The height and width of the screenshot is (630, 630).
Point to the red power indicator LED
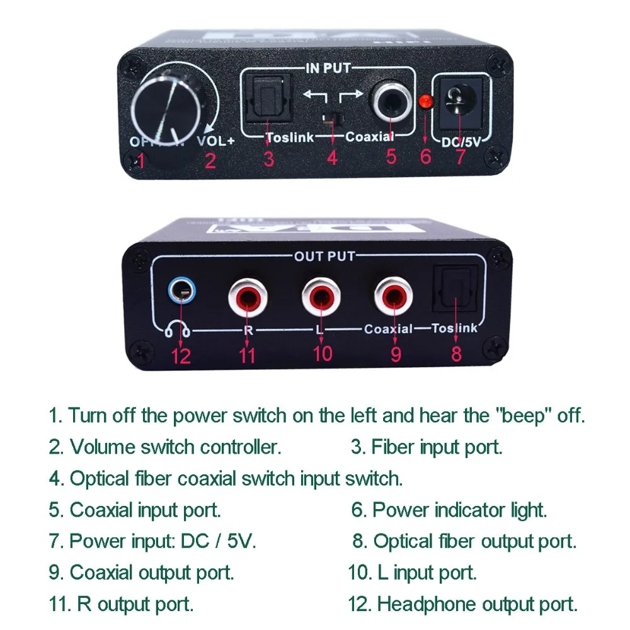[x=427, y=101]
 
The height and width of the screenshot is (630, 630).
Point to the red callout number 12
[x=180, y=356]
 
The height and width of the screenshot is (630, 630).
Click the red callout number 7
[x=460, y=156]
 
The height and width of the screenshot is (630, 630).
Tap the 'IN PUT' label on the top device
[x=328, y=68]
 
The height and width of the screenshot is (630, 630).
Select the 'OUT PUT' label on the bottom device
[x=325, y=256]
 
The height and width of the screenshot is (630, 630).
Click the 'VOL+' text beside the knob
[x=216, y=141]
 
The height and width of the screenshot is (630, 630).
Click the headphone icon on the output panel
[x=178, y=328]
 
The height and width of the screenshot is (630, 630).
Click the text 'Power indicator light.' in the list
[x=460, y=510]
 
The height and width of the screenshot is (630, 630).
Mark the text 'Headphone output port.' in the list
[x=477, y=604]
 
